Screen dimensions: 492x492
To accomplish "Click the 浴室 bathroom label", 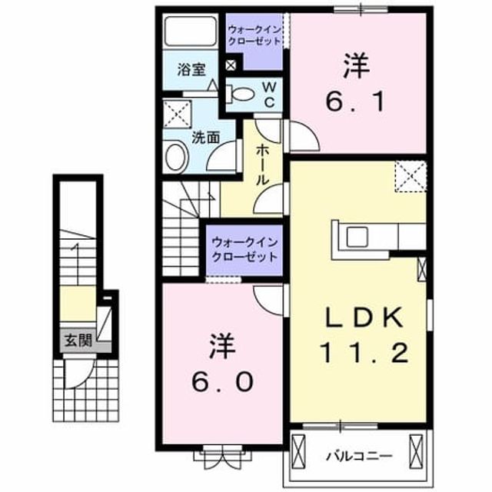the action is pos(191,70).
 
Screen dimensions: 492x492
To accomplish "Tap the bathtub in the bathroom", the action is pos(191,32).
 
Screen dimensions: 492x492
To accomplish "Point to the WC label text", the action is pos(269,95).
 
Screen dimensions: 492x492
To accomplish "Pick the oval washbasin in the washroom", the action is pos(177,157).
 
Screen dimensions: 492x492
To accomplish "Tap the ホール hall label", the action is pos(263,165).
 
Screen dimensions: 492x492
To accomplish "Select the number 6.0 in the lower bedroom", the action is pos(222,382).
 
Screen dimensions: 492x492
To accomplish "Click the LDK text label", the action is pos(364,317).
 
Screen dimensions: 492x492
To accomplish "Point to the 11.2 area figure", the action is pos(364,353).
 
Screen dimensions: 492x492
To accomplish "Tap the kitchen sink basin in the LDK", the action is pos(357,237).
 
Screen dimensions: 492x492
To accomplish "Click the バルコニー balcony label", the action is pos(359,456).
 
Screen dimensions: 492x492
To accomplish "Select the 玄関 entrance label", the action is pos(78,340).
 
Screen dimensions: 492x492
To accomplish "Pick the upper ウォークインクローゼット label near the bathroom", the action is pos(254,35).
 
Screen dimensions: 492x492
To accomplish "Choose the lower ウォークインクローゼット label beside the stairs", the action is pos(244,250).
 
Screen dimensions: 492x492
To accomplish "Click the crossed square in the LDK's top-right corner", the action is pos(411,176).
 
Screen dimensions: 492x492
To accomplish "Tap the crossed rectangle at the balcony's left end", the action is pos(298,452).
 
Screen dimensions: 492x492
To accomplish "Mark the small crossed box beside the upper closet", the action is pos(231,65).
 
